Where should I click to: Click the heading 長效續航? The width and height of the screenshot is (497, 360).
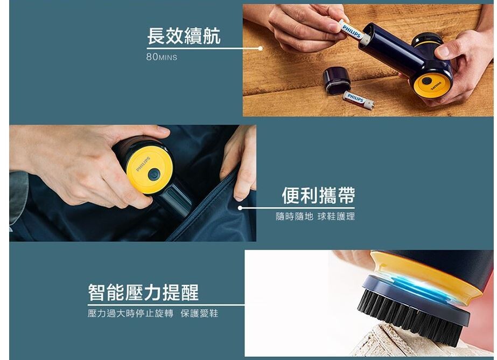point(184,36)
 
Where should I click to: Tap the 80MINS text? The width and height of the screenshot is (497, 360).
point(162,57)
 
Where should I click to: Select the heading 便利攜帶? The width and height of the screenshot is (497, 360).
point(319,195)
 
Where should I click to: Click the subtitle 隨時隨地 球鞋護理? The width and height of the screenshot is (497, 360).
point(316,217)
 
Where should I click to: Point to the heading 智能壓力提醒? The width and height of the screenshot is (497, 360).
point(144,292)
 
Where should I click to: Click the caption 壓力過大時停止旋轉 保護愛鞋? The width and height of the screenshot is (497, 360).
point(153,314)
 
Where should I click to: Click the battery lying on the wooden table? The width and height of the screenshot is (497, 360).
point(358,100)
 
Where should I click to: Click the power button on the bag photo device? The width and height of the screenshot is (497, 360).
point(154,175)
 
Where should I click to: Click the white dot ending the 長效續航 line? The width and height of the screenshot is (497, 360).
point(260,48)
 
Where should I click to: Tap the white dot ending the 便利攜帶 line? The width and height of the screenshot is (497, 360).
point(240,208)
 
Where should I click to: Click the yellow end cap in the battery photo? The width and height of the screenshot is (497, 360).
point(430,84)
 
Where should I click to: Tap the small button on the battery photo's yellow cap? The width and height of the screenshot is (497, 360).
point(427,80)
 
